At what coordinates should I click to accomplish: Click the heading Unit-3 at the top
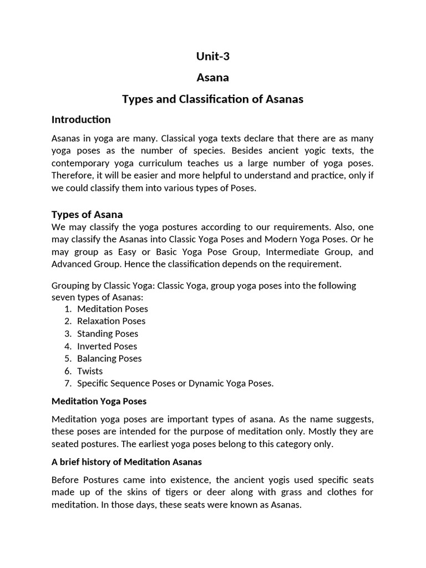pos(212,55)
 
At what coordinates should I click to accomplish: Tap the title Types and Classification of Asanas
pos(212,99)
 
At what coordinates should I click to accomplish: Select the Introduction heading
pos(81,119)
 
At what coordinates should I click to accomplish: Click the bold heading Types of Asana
pos(87,214)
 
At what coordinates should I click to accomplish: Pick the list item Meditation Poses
pos(113,308)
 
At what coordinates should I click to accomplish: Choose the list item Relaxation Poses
pos(111,321)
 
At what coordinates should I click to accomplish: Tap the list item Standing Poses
pos(108,333)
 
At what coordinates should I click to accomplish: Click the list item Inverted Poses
pos(107,346)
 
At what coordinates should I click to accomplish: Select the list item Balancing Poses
pos(109,358)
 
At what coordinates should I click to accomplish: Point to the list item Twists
pos(90,371)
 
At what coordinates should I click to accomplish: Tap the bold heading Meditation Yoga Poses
pos(99,401)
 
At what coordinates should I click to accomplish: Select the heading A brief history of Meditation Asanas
pos(126,461)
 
